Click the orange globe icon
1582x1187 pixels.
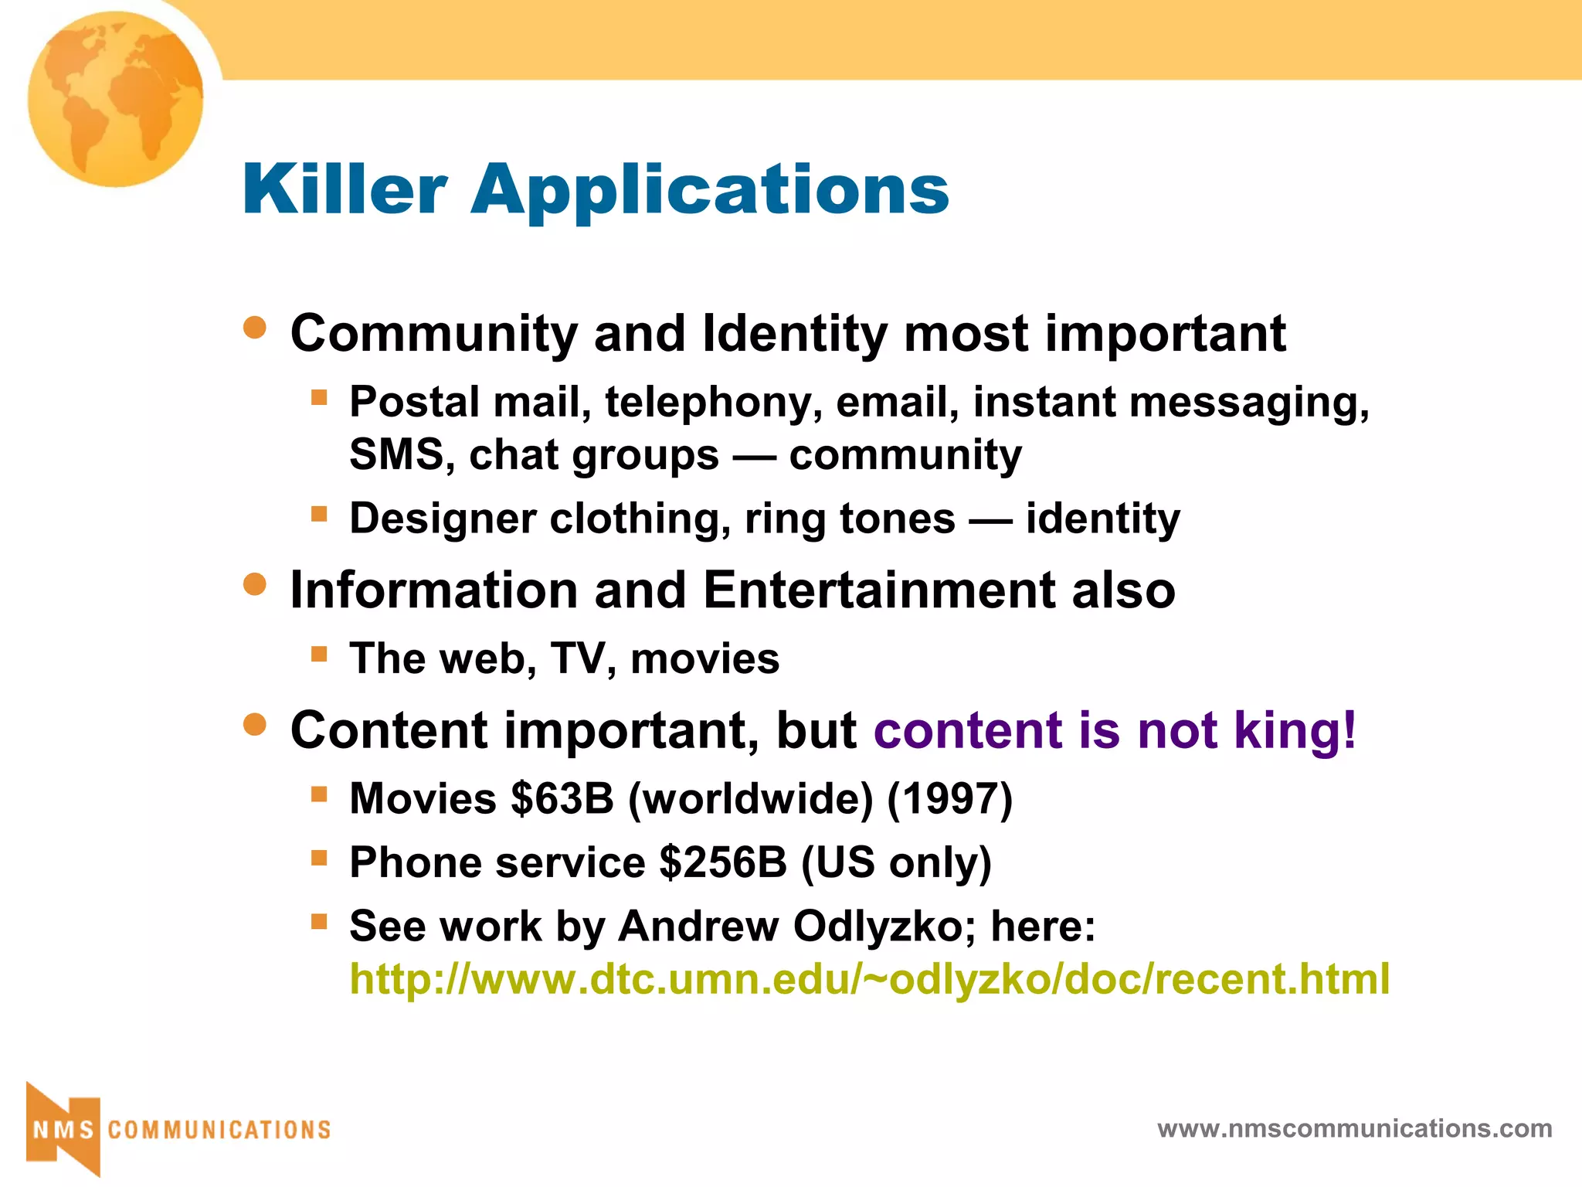(116, 99)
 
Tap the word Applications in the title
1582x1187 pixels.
(710, 191)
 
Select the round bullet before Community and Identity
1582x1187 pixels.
(255, 328)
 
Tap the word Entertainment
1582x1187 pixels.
(879, 590)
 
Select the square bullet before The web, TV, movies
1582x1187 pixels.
(319, 654)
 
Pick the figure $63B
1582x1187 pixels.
(562, 798)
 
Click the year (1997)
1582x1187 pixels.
(949, 798)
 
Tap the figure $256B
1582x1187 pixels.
(722, 862)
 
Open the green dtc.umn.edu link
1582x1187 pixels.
(870, 978)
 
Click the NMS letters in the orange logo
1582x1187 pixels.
(63, 1130)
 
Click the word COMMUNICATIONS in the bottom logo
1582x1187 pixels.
(219, 1130)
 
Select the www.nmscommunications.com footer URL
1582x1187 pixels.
(1355, 1129)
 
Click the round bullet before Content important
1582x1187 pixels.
(255, 725)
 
